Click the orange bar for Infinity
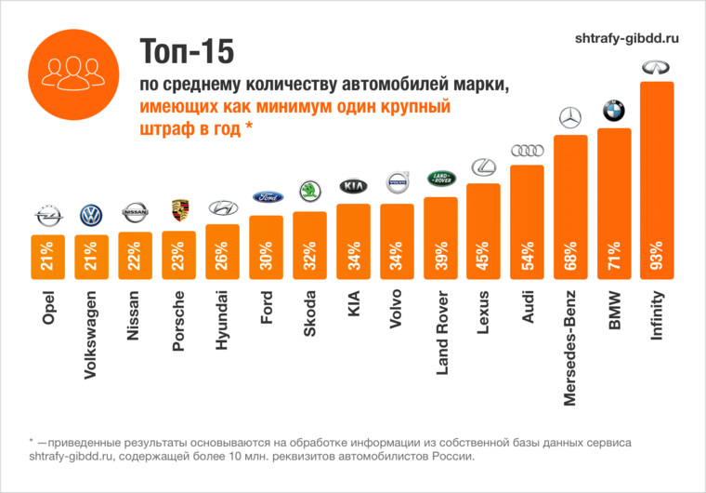coord(657,177)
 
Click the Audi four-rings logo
coord(527,151)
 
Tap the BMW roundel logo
coord(613,111)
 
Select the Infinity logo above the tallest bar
coord(657,68)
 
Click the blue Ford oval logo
coord(266,198)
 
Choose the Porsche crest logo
coord(179,211)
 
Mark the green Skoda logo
coord(308,192)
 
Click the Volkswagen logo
coord(93,215)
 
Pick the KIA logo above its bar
coord(353,186)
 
